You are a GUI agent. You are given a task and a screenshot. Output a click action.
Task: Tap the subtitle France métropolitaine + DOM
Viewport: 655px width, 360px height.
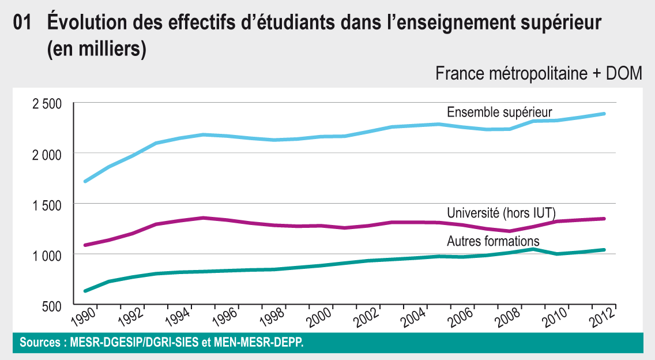pyautogui.click(x=539, y=74)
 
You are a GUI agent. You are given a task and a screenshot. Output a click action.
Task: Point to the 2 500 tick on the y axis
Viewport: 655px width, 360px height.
pyautogui.click(x=47, y=104)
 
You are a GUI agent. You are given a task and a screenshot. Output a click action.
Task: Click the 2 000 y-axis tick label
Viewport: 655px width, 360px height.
pyautogui.click(x=47, y=154)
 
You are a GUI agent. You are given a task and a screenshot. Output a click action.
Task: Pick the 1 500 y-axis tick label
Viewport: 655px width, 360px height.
pyautogui.click(x=47, y=205)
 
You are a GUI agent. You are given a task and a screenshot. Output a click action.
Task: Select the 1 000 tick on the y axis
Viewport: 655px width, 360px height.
pyautogui.click(x=47, y=255)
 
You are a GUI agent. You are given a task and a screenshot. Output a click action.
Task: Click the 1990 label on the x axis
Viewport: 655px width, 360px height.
pyautogui.click(x=83, y=316)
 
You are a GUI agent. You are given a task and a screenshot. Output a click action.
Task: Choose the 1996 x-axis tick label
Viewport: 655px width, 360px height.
pyautogui.click(x=226, y=316)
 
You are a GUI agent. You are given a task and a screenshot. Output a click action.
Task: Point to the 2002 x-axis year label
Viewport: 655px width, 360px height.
pyautogui.click(x=369, y=316)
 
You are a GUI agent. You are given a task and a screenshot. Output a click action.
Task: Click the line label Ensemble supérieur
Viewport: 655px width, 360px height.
pyautogui.click(x=499, y=112)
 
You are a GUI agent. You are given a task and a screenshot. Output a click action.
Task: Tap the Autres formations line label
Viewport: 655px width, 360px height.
pyautogui.click(x=493, y=241)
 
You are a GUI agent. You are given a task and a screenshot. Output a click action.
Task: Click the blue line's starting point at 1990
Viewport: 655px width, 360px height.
pyautogui.click(x=85, y=181)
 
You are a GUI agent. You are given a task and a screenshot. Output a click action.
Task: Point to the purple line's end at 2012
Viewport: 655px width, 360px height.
pyautogui.click(x=604, y=219)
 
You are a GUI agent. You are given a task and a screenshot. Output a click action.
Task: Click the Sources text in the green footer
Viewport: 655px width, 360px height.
pyautogui.click(x=161, y=342)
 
